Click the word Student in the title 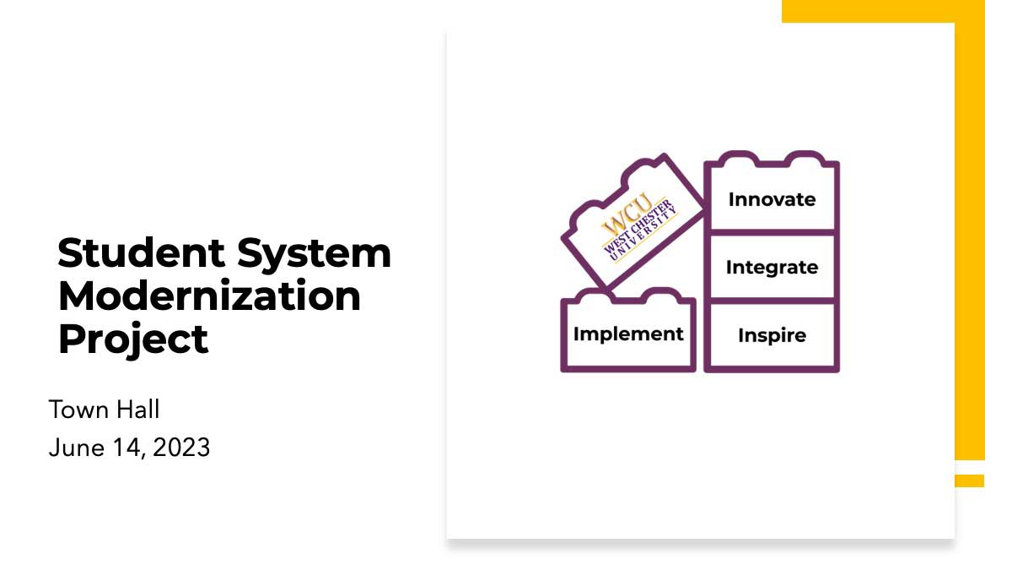141,252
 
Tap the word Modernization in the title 209,296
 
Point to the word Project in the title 133,339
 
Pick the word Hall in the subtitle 137,410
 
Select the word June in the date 77,448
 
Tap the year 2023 181,448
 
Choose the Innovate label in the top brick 772,199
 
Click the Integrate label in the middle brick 772,268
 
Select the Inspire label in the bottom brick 772,336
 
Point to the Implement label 628,334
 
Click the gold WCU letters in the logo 627,215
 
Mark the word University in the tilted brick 643,235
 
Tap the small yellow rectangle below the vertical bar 969,480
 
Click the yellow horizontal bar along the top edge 883,11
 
